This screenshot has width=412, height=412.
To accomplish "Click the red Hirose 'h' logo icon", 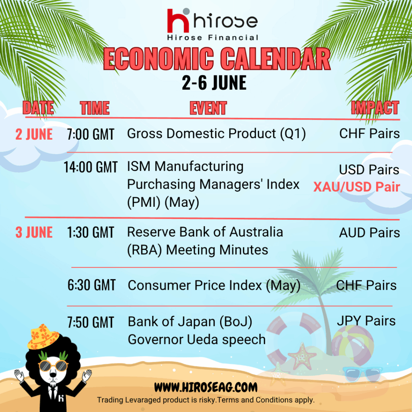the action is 178,21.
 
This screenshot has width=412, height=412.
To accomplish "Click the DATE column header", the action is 38,108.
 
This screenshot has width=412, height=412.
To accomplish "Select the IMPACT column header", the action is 375,108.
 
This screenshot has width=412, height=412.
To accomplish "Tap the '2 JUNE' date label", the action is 34,134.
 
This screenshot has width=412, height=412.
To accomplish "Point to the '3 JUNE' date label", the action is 34,232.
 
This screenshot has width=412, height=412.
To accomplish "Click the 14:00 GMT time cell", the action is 91,167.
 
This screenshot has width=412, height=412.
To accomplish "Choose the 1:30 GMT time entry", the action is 91,233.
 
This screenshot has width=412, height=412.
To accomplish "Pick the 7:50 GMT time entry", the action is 91,322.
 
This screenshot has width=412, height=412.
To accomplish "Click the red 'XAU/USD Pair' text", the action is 356,187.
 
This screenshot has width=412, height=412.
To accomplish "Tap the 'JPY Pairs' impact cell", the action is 366,321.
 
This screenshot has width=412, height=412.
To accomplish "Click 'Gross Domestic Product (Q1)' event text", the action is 216,134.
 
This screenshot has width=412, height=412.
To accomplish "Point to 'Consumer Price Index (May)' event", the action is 214,286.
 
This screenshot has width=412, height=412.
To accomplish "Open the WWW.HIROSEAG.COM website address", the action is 206,387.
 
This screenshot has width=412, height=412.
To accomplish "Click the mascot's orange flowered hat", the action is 43,337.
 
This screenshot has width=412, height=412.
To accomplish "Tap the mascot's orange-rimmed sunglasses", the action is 53,366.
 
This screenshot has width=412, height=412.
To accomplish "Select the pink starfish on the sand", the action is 302,356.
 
